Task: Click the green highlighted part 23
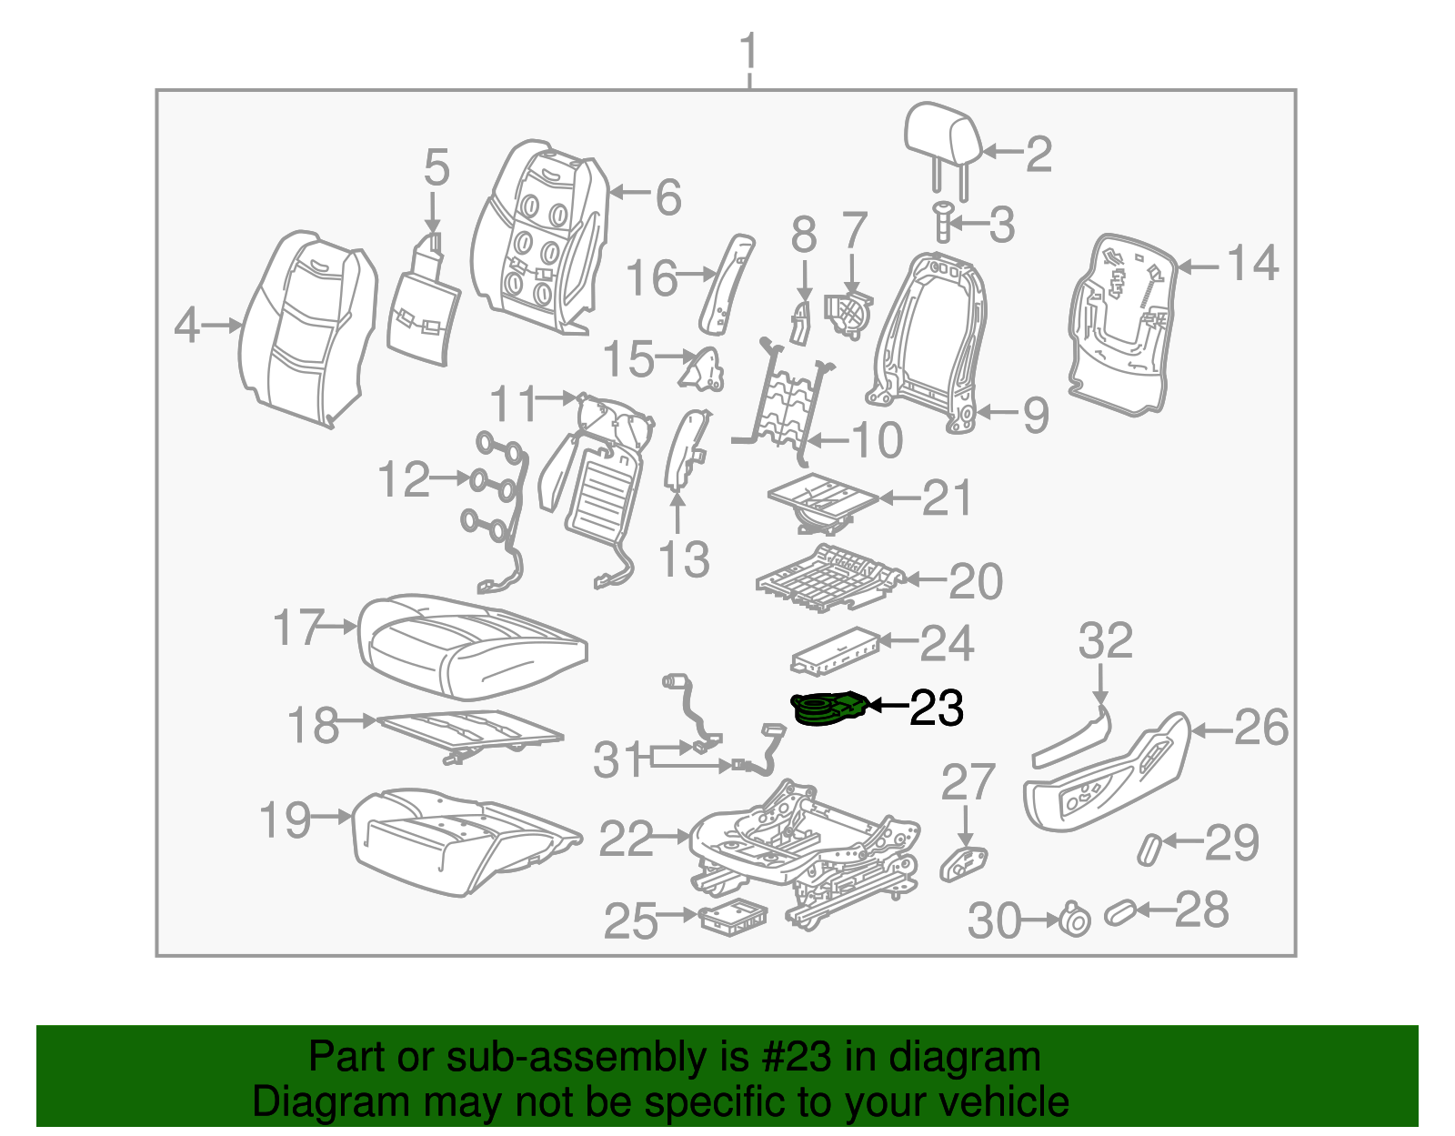pos(828,709)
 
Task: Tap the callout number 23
pos(936,708)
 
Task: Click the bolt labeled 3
pos(941,220)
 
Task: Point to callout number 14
pos(1252,264)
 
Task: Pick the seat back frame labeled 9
pos(929,337)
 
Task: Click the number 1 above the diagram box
pos(748,51)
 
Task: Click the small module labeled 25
pos(732,915)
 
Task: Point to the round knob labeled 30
pos(1074,920)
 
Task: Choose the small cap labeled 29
pos(1149,847)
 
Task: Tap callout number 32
pos(1105,640)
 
